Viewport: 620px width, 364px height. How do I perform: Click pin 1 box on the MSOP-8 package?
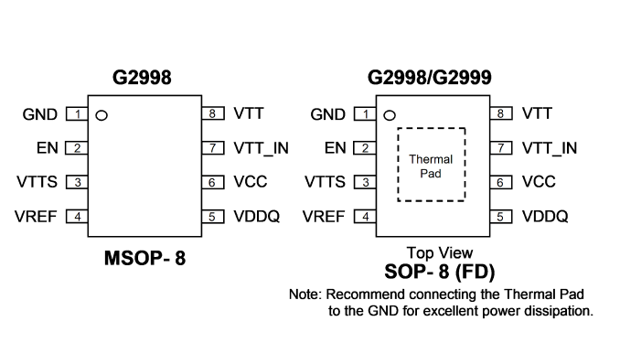pyautogui.click(x=77, y=114)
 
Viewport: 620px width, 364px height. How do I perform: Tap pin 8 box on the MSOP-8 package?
pyautogui.click(x=213, y=113)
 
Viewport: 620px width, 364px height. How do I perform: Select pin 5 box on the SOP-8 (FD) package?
pyautogui.click(x=501, y=217)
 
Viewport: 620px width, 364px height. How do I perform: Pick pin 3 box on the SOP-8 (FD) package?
pyautogui.click(x=365, y=182)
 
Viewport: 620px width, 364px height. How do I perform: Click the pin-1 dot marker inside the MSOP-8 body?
pyautogui.click(x=102, y=115)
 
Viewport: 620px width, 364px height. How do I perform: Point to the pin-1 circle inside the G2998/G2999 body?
pyautogui.click(x=390, y=115)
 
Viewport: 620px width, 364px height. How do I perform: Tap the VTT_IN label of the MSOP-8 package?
pyautogui.click(x=261, y=148)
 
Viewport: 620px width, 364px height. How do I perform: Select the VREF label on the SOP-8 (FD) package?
pyautogui.click(x=324, y=217)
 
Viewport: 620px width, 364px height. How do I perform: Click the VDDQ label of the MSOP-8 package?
pyautogui.click(x=257, y=217)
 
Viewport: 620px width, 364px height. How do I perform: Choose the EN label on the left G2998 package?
pyautogui.click(x=48, y=148)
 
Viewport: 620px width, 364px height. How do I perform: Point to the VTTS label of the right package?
pyautogui.click(x=325, y=182)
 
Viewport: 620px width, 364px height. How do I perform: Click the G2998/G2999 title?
pyautogui.click(x=430, y=77)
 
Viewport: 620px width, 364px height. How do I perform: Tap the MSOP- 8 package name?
pyautogui.click(x=144, y=258)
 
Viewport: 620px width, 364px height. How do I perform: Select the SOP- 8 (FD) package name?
pyautogui.click(x=440, y=272)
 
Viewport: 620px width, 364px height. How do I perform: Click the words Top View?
pyautogui.click(x=440, y=252)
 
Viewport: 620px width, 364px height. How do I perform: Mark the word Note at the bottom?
pyautogui.click(x=304, y=294)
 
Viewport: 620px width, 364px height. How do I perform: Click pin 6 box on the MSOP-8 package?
pyautogui.click(x=213, y=182)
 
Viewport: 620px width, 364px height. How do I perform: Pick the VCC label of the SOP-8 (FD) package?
pyautogui.click(x=539, y=182)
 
